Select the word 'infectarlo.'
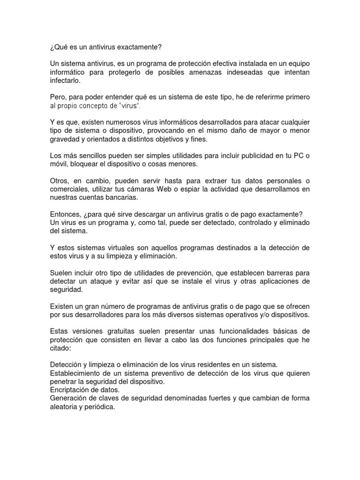(x=65, y=81)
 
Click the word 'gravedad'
(x=65, y=139)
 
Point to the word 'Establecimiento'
(x=75, y=373)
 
